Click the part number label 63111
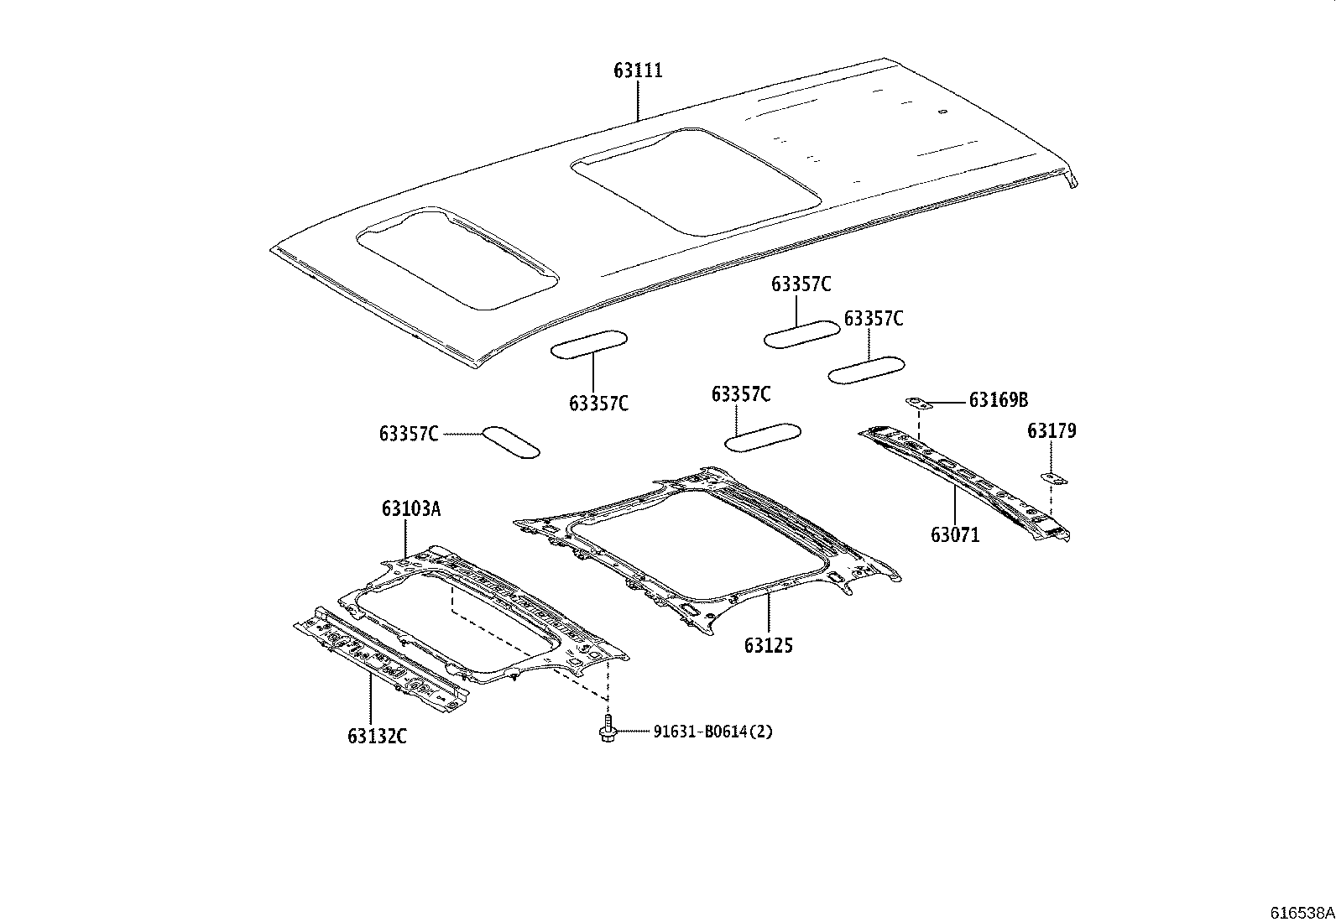638,70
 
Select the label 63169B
998,400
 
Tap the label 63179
1052,431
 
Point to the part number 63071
954,534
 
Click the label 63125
768,645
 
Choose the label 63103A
410,508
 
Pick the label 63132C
377,737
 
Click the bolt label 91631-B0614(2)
713,732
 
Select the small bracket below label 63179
1052,478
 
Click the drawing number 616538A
1301,912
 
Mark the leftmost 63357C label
409,434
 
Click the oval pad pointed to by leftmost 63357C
510,442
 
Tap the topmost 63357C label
801,285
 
